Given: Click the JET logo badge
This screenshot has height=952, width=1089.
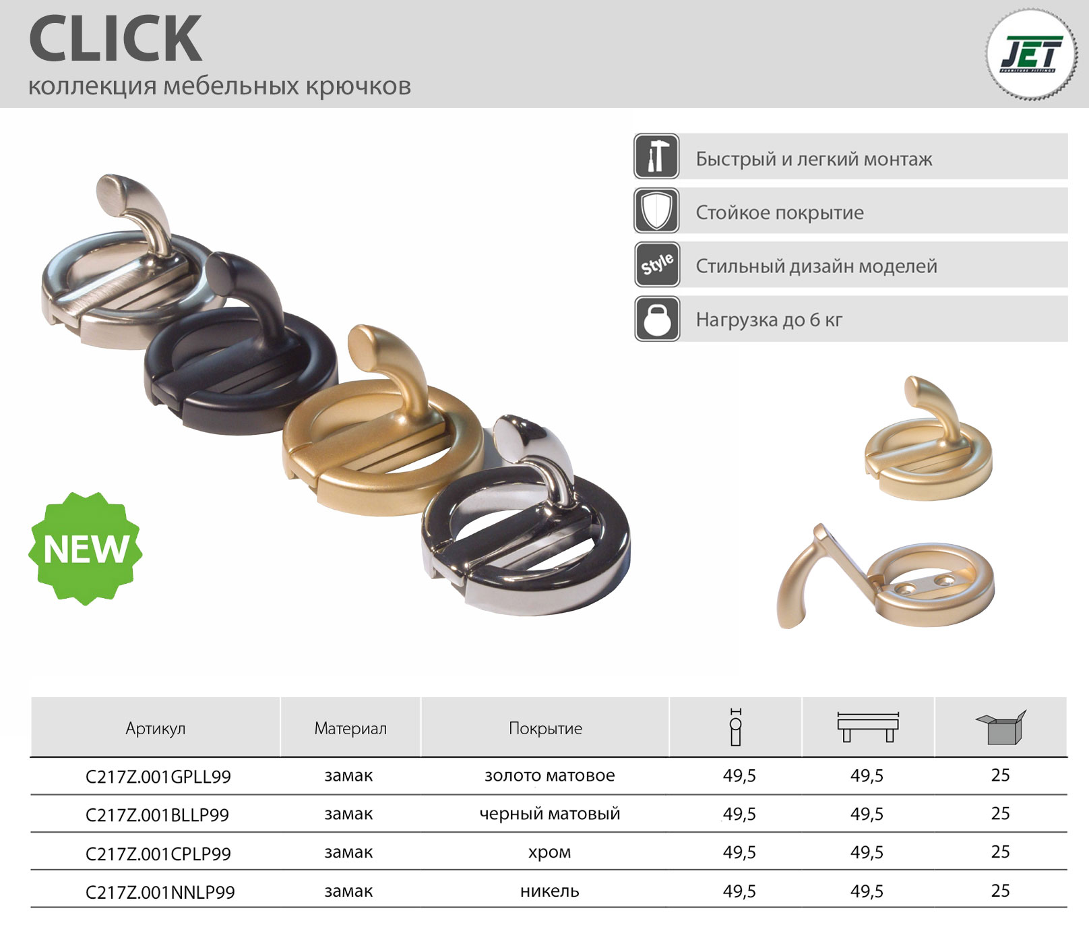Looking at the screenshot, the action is point(1031,55).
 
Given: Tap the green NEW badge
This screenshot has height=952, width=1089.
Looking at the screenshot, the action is point(86,548).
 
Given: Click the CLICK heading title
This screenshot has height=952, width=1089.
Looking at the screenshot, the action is point(115,38).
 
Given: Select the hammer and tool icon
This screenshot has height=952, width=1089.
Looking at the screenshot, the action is point(656,156).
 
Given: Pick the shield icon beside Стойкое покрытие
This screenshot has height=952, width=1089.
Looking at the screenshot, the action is point(656,210).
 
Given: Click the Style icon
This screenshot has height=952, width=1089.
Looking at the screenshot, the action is point(656,264).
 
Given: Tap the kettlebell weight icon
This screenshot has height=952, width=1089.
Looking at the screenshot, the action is point(656,318).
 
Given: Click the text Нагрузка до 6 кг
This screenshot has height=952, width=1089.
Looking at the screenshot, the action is point(769,320).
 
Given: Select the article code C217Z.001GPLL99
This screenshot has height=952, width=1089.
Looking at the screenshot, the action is point(158,777).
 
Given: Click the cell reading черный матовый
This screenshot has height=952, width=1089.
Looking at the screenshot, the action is point(550,814).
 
